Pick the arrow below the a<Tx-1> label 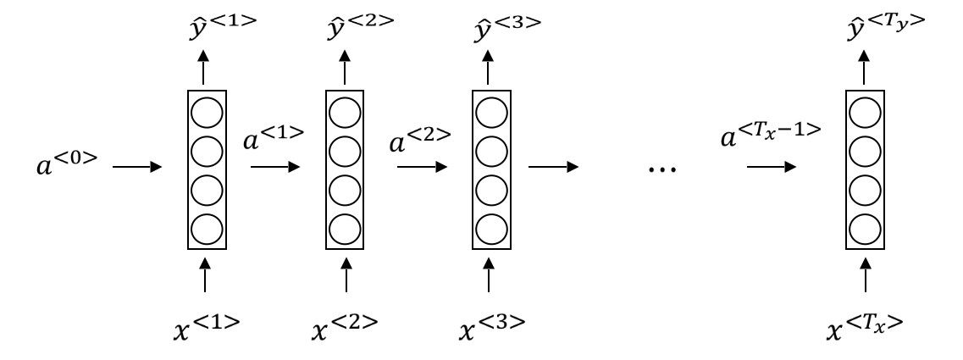[x=771, y=167]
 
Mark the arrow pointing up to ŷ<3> [x=490, y=66]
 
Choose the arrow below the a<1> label [x=275, y=167]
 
